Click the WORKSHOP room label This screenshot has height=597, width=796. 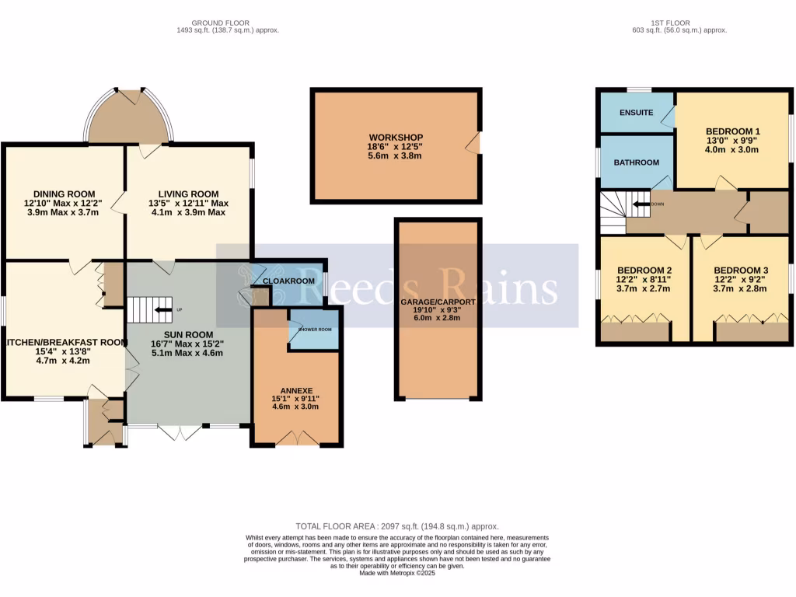394,137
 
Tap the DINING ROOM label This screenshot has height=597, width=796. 64,194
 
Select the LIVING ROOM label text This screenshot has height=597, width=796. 188,194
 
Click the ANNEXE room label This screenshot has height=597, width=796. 294,391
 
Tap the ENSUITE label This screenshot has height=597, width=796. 636,113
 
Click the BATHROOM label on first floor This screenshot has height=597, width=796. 636,162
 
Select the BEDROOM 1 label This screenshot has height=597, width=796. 732,131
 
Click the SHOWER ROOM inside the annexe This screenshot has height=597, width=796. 314,328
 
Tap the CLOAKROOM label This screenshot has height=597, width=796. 288,281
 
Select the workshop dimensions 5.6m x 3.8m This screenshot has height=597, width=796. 394,155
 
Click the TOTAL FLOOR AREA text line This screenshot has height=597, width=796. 397,526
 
